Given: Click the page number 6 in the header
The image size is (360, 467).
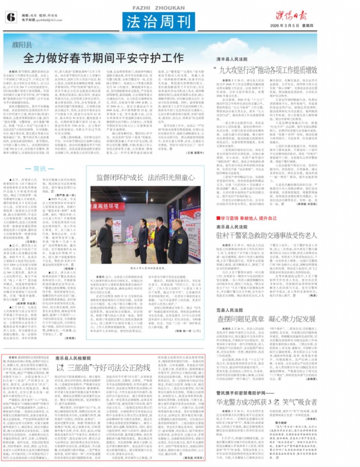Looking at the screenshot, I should point(10,17).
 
